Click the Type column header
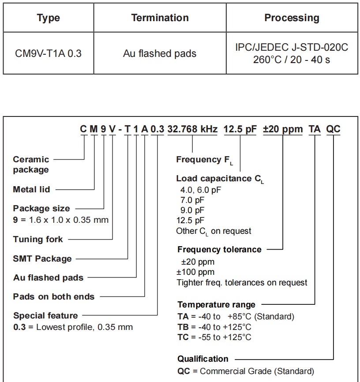(48, 18)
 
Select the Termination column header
(160, 18)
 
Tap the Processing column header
(292, 18)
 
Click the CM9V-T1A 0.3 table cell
(48, 54)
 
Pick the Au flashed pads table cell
(160, 54)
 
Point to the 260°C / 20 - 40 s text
(292, 59)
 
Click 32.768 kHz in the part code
(192, 129)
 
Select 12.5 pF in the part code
(240, 129)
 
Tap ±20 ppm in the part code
(283, 129)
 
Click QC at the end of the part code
(333, 129)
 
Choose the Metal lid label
(31, 190)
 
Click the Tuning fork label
(38, 240)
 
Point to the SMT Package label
(42, 259)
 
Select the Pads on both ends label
(54, 297)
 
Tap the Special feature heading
(45, 316)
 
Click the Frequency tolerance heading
(219, 250)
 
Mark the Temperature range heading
(216, 305)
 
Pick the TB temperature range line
(214, 327)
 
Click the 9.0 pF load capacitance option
(190, 210)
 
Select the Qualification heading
(203, 359)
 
